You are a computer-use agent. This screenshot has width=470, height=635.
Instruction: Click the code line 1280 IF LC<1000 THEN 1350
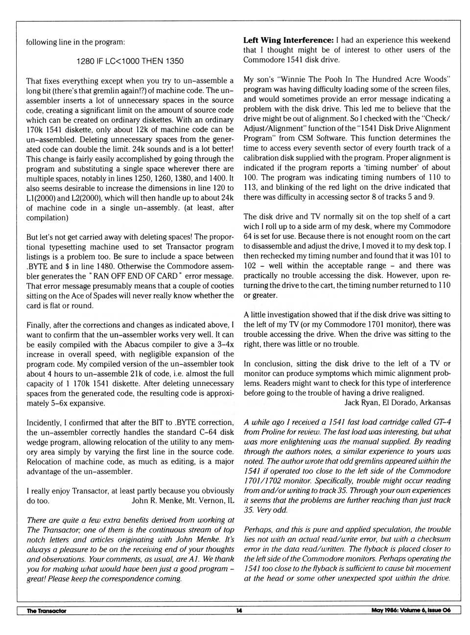(x=130, y=61)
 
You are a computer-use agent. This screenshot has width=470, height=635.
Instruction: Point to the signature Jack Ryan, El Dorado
(x=394, y=402)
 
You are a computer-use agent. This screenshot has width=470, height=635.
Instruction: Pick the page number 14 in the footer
(x=239, y=611)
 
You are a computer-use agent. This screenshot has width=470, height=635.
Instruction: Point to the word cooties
(x=221, y=286)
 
